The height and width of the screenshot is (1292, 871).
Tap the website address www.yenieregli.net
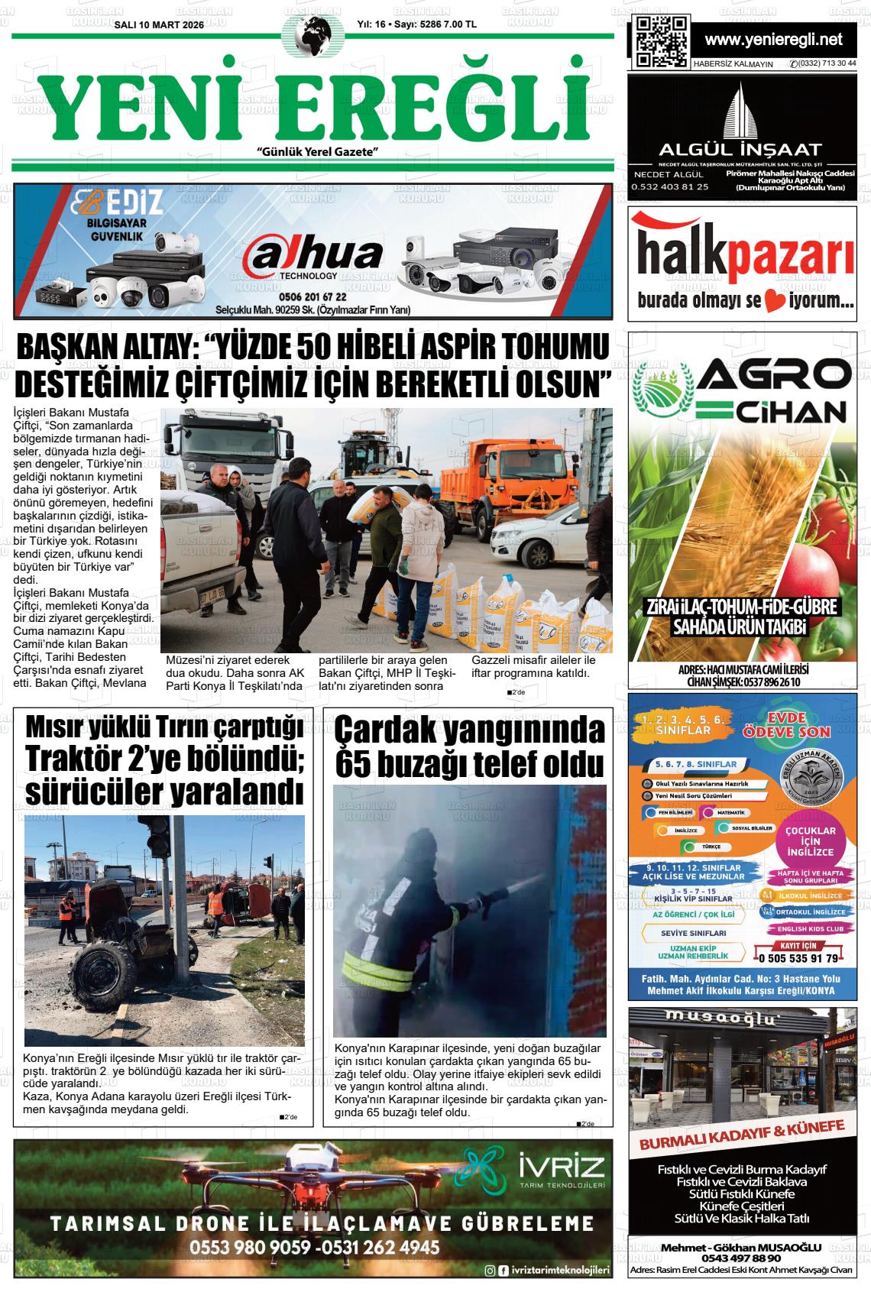[773, 39]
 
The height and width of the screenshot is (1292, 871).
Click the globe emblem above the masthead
[308, 37]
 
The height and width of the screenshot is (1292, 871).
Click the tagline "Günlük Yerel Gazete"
[319, 153]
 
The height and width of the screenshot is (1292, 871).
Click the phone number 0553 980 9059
[251, 1248]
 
